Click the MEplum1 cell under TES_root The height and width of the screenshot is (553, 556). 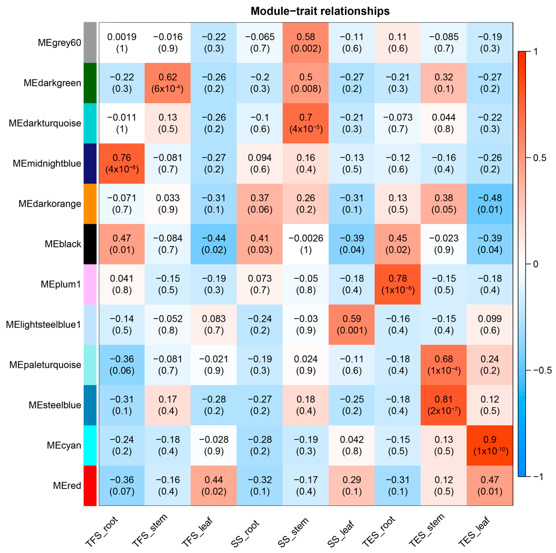coord(397,284)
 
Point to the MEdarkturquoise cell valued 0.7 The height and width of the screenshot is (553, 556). coord(306,123)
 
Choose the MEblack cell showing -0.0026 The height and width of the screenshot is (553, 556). coord(306,244)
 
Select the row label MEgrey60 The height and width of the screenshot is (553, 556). coord(59,43)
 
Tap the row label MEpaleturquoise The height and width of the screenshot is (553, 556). coord(45,365)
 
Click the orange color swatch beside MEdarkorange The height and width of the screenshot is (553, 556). coord(90,204)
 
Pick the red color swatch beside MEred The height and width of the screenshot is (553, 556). coord(90,485)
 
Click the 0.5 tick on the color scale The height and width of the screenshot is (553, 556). coord(540,158)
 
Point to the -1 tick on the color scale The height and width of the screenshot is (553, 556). coord(538,477)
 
